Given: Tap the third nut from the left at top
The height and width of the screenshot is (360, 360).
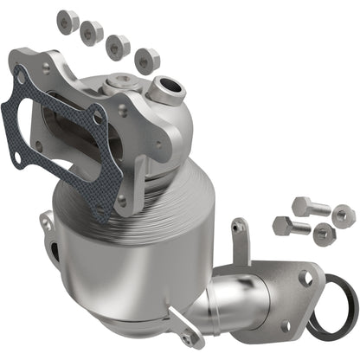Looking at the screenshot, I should coord(119,47).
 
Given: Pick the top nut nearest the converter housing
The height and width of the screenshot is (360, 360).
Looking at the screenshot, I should coord(147,61).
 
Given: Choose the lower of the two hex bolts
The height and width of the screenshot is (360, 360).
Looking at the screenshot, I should coord(290,228).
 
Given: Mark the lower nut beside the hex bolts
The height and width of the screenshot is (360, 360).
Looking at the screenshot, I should coord(323,232).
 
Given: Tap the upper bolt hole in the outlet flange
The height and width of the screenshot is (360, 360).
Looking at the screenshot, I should coord(305,278).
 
